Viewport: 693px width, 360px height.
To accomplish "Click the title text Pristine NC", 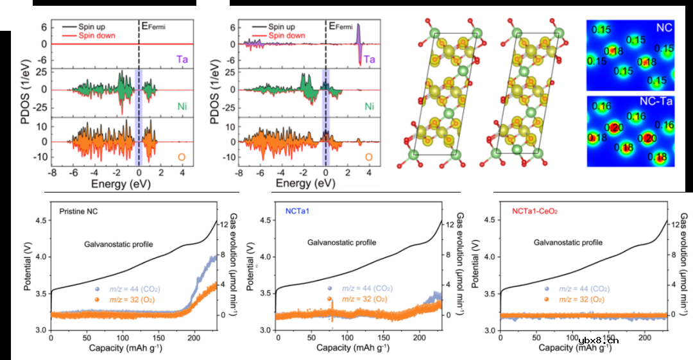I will [78, 211].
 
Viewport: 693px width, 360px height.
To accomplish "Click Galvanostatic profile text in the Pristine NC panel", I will [118, 244].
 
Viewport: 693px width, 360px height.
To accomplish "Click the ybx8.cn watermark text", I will [598, 341].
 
